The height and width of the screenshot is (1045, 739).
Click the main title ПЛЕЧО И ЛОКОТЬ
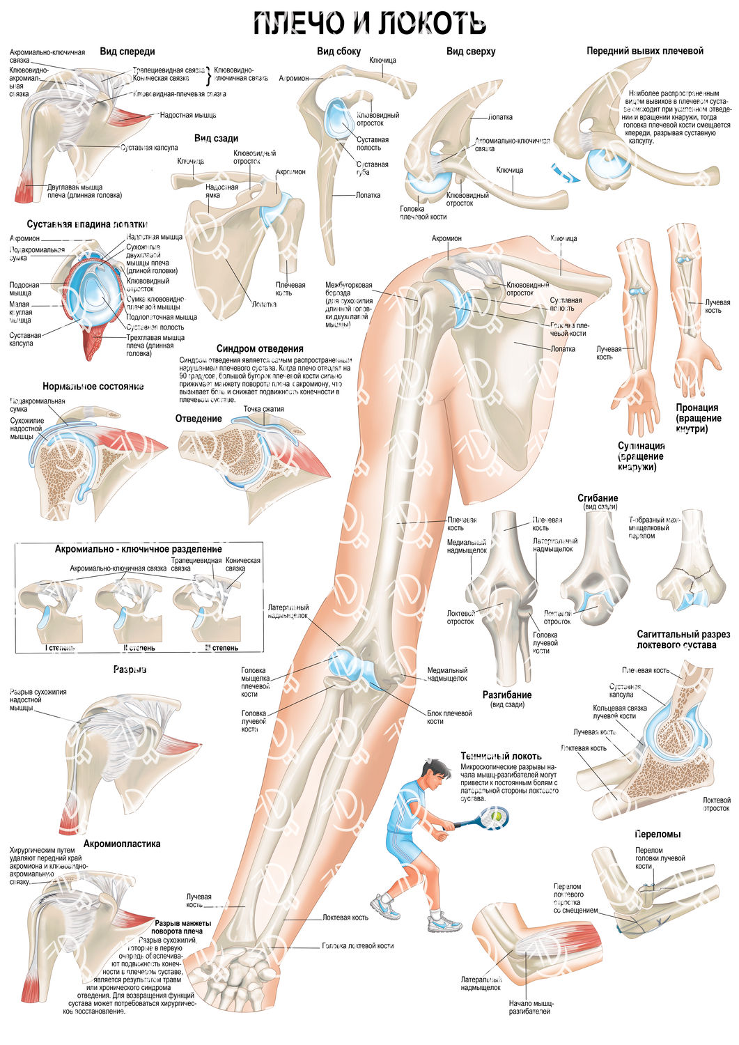click(x=369, y=23)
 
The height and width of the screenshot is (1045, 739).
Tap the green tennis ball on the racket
click(x=497, y=815)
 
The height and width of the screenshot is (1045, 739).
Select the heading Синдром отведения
click(x=260, y=348)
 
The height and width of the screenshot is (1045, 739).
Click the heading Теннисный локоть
click(x=501, y=756)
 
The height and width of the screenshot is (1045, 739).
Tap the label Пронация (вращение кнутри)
click(x=697, y=418)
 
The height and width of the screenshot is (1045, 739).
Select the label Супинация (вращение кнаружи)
click(x=641, y=456)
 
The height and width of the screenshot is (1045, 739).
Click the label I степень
click(x=61, y=648)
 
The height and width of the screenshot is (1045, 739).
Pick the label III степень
click(x=221, y=648)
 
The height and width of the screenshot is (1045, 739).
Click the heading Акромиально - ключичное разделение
click(x=138, y=549)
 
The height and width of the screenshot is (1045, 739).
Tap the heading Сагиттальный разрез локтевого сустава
click(x=683, y=639)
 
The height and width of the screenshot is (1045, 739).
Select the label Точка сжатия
click(x=263, y=409)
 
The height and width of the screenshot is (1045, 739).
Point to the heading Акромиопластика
click(x=122, y=844)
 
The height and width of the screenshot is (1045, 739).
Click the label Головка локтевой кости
click(x=357, y=946)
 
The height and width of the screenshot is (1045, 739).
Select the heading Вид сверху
click(x=471, y=51)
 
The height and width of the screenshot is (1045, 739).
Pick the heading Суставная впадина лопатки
click(x=87, y=224)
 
